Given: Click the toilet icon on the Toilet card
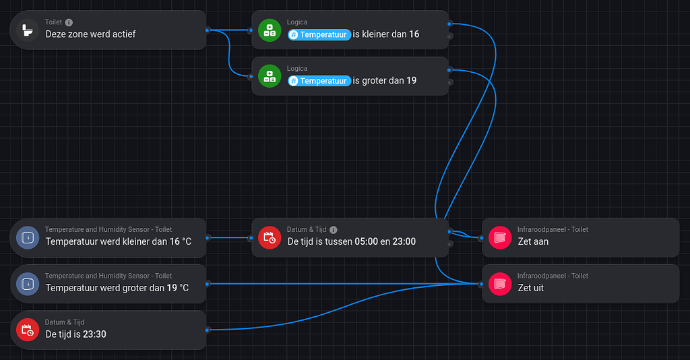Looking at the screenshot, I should pos(28,30).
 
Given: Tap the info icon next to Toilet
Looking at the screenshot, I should pos(69,22).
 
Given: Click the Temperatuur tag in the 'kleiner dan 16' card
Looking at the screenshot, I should pos(319,34).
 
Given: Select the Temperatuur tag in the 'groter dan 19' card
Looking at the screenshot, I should pos(319,81).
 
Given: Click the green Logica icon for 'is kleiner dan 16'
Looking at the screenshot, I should pos(270,30).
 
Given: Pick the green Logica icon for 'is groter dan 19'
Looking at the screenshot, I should pos(270,76).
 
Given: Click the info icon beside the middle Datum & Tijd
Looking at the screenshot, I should pos(334,229).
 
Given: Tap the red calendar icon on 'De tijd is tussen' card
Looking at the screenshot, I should pos(270,237).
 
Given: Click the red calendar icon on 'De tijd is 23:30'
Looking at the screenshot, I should pos(28,330).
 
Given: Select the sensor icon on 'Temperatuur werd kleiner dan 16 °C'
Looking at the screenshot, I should pos(28,237).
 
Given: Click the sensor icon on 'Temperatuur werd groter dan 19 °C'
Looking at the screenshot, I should pos(28,284).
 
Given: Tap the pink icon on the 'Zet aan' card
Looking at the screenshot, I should pos(500,237).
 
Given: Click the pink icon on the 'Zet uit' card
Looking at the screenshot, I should pos(500,284).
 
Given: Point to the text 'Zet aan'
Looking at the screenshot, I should pos(532,241).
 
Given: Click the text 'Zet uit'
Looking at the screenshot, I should pos(530,288).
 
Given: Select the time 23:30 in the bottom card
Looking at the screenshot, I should pos(94,334).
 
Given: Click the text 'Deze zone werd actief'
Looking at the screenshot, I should pos(90,34).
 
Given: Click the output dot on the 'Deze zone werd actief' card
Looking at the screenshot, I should pos(208,30).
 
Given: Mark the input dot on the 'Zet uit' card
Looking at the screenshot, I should pos(480,284).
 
